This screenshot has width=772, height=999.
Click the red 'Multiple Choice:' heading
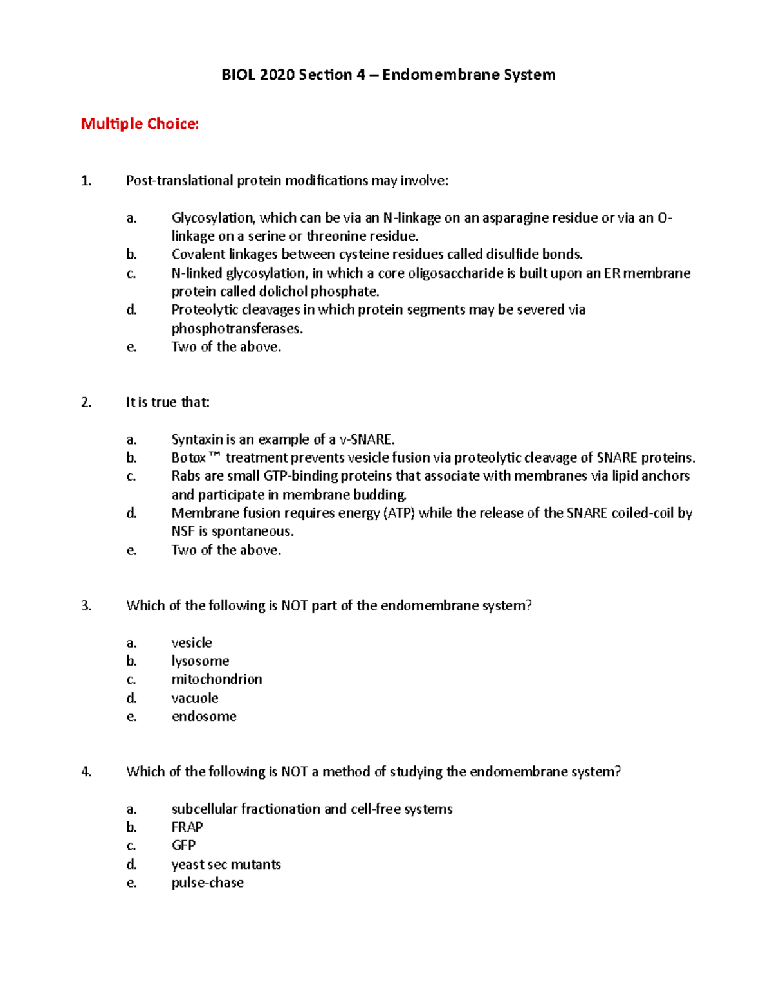coord(140,124)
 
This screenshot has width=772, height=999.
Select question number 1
coord(86,181)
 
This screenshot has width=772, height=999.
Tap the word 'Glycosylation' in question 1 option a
coord(213,218)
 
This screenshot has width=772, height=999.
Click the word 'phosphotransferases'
coord(236,329)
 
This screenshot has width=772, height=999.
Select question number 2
coord(86,403)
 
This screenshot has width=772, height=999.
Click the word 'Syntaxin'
coord(196,439)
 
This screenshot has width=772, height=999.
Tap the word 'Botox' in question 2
coord(188,458)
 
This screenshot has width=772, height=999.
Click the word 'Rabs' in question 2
coord(186,476)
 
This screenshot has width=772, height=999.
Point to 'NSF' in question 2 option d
coord(183,531)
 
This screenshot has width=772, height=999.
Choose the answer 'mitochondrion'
coord(216,679)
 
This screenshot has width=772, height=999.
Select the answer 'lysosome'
coord(200,661)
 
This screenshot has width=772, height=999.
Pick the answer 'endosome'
coord(204,717)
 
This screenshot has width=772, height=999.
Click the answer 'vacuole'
coord(195,698)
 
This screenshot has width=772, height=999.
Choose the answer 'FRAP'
coord(187,827)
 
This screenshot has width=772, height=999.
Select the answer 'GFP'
coord(183,845)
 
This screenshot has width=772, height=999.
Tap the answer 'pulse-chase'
coord(207,883)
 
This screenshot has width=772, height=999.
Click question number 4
coord(86,772)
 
